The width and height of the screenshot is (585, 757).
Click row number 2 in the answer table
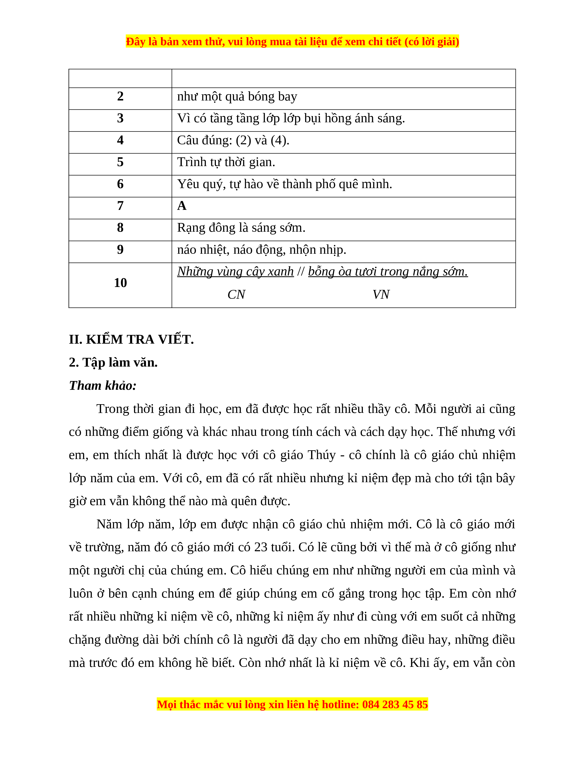click(x=120, y=96)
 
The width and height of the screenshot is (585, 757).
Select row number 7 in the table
click(x=120, y=206)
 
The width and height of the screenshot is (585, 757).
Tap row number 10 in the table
click(x=120, y=283)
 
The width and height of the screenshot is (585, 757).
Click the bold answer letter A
click(x=182, y=206)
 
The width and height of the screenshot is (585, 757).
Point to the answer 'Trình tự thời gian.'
click(x=226, y=162)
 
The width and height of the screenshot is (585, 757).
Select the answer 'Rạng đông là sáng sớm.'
click(x=241, y=228)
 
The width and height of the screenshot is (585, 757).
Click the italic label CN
click(x=236, y=295)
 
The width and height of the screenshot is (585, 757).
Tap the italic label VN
click(x=381, y=295)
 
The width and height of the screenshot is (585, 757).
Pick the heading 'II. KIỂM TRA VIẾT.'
click(x=131, y=339)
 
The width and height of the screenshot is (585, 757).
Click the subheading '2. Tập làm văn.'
click(x=113, y=362)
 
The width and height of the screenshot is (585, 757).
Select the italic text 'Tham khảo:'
click(x=103, y=385)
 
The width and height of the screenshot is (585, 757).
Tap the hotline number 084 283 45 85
click(x=395, y=705)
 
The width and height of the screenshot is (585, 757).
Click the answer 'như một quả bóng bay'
click(x=237, y=96)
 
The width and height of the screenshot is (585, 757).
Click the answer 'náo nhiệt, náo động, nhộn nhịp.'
click(x=262, y=250)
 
